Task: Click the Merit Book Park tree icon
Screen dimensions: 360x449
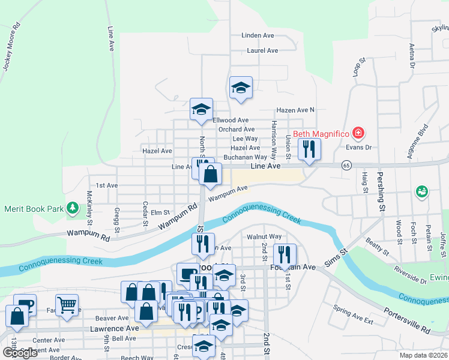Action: [x=73, y=208]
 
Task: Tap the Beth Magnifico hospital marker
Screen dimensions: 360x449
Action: [x=358, y=132]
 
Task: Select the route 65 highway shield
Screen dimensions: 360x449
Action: [x=346, y=165]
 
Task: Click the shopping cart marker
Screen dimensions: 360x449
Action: [x=67, y=305]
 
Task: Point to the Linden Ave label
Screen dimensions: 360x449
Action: [x=258, y=35]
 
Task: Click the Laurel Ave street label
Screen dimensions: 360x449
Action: [x=262, y=51]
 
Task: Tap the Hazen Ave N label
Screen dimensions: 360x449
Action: [x=295, y=110]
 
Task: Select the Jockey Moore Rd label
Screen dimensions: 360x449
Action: [x=11, y=47]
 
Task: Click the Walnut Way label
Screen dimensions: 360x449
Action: [x=264, y=237]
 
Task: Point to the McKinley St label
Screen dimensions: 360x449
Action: [x=89, y=205]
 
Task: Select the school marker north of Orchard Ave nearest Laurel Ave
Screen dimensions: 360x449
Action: [x=241, y=88]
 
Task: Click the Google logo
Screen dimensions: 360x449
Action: [x=20, y=353]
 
